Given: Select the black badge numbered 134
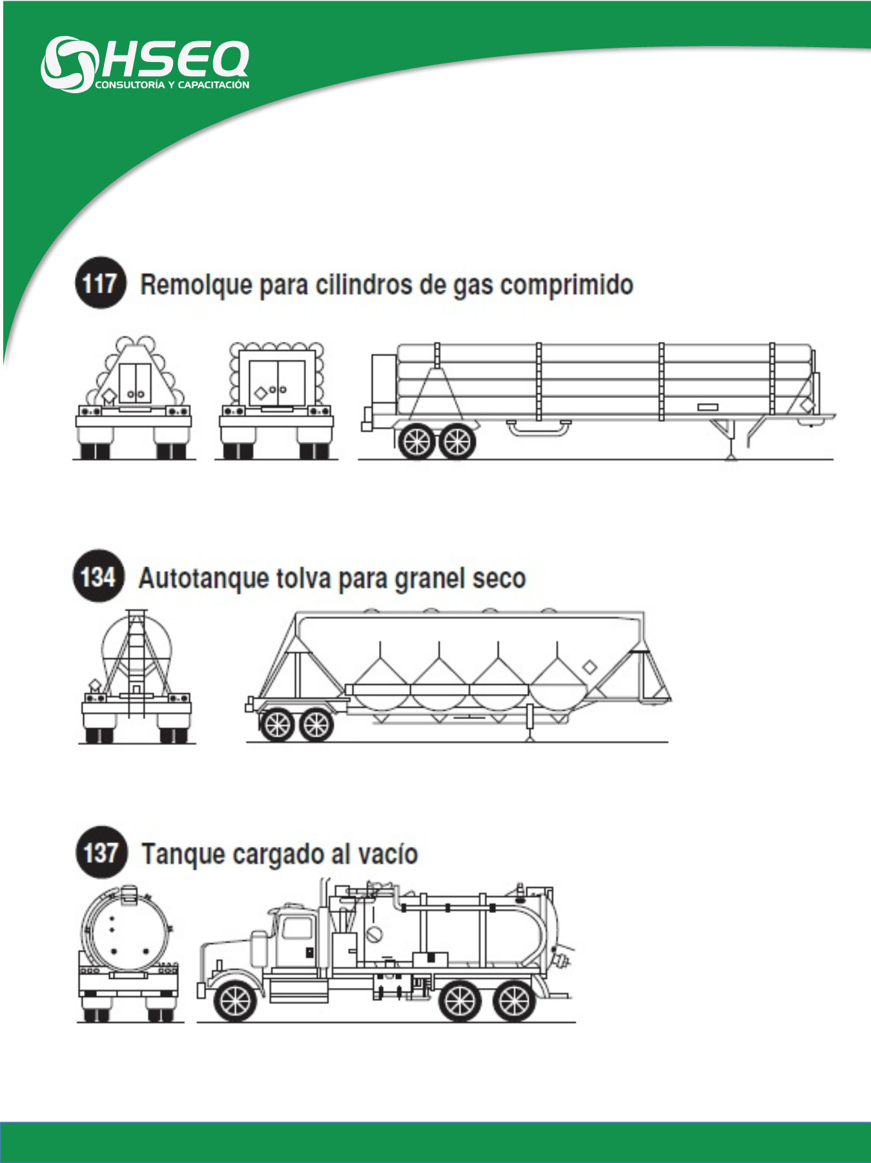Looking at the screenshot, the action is pos(98,576).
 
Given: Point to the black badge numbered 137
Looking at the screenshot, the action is pos(101,852).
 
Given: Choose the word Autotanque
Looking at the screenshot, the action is pos(203,578).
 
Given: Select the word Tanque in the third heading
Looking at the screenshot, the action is pos(183,855).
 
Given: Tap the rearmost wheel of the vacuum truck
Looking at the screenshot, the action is pos(514,1001).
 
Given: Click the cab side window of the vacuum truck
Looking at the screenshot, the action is pos(298,928).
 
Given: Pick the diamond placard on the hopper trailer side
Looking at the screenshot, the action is pos(589,667).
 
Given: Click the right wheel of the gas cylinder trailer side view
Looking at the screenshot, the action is pos(458,441).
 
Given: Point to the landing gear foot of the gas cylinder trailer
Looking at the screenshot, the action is pos(730,455).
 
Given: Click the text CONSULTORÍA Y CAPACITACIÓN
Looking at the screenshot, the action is pos(172,85).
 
